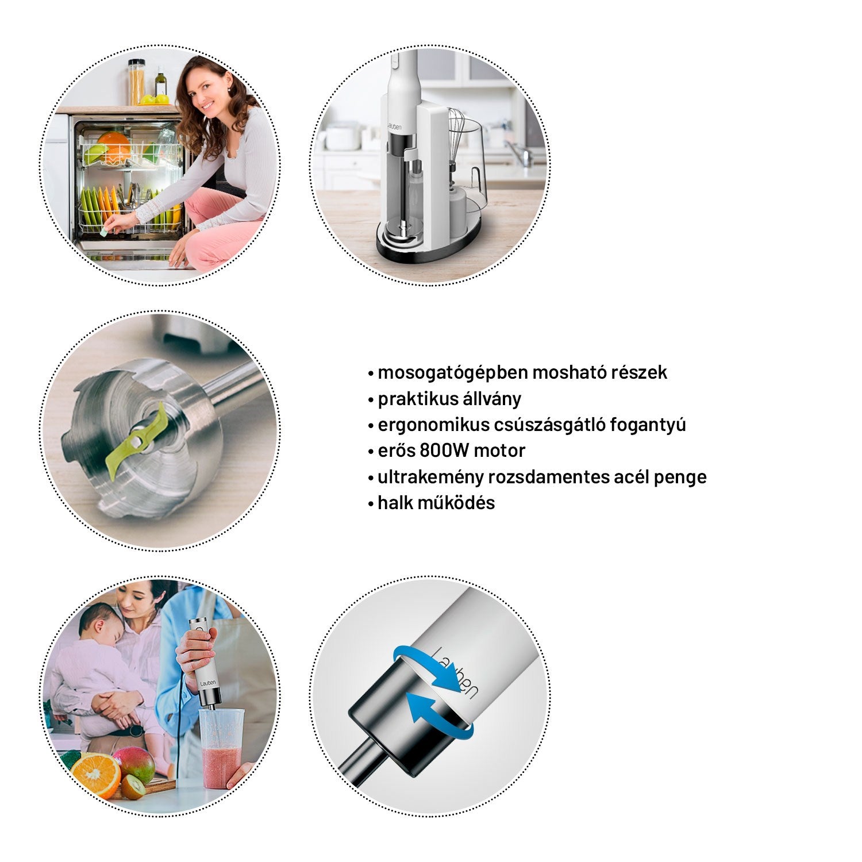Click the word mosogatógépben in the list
[452, 373]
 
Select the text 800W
[443, 451]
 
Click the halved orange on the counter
[95, 773]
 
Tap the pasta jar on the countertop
[136, 82]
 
